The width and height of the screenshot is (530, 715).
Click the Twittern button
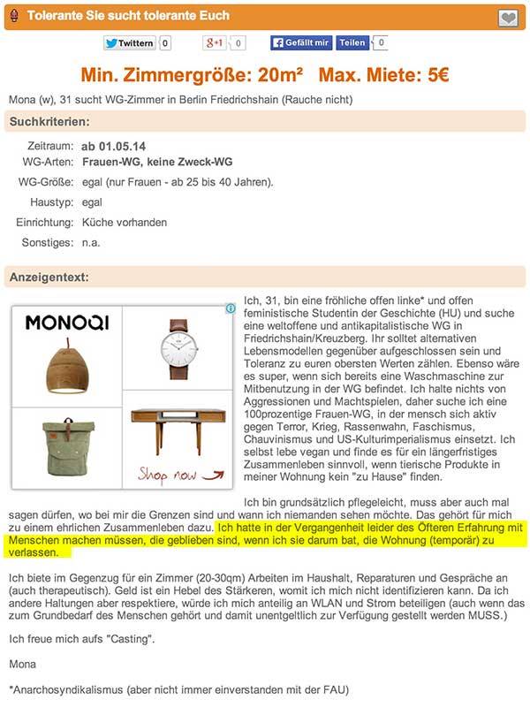129,42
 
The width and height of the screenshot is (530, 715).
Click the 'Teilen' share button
352,42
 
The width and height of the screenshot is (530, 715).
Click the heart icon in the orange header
508,17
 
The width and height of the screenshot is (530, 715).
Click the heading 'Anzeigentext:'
49,277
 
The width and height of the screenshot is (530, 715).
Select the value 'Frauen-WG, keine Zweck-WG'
153,163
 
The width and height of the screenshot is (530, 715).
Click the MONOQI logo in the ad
66,323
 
